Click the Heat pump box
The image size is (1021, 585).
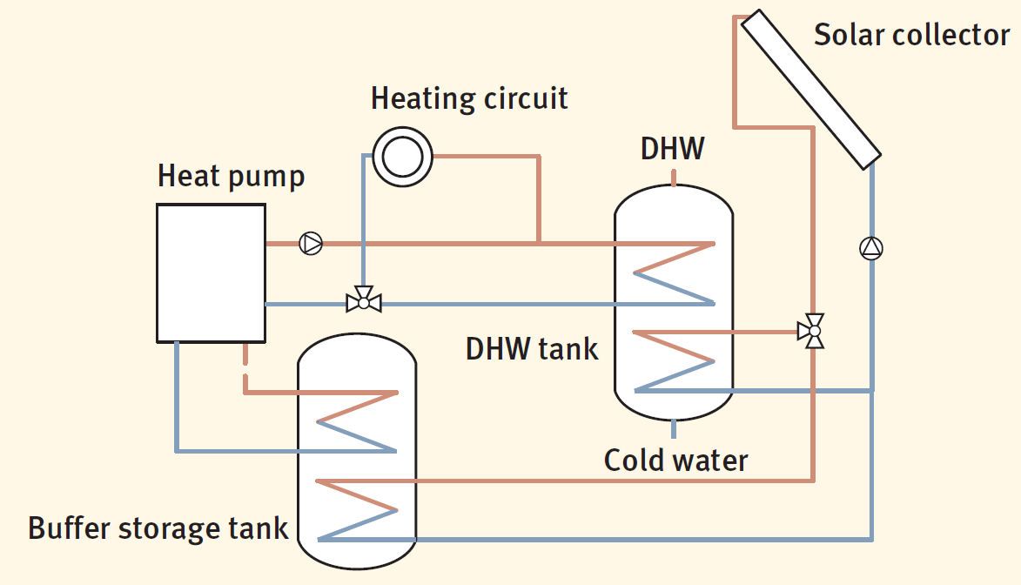point(211,272)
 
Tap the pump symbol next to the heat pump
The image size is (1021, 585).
point(311,243)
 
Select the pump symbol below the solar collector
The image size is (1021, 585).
point(870,249)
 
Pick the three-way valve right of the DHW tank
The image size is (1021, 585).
point(813,332)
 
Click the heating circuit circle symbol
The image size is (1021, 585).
point(403,157)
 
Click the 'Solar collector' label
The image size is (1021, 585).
point(911,35)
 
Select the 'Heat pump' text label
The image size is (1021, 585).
point(231,176)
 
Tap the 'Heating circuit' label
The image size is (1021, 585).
point(469,97)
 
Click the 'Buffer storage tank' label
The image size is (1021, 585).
point(158,528)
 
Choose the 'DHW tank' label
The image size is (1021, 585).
point(532,349)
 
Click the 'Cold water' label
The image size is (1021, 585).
point(675,459)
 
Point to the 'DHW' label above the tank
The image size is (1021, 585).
point(672,149)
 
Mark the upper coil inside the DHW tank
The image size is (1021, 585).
point(675,273)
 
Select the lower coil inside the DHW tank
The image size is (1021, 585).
point(675,361)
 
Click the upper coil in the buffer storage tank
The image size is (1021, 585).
point(358,421)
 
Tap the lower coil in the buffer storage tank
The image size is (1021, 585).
point(358,508)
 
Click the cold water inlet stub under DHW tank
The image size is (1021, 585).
point(675,428)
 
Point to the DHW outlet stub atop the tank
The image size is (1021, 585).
point(675,177)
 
